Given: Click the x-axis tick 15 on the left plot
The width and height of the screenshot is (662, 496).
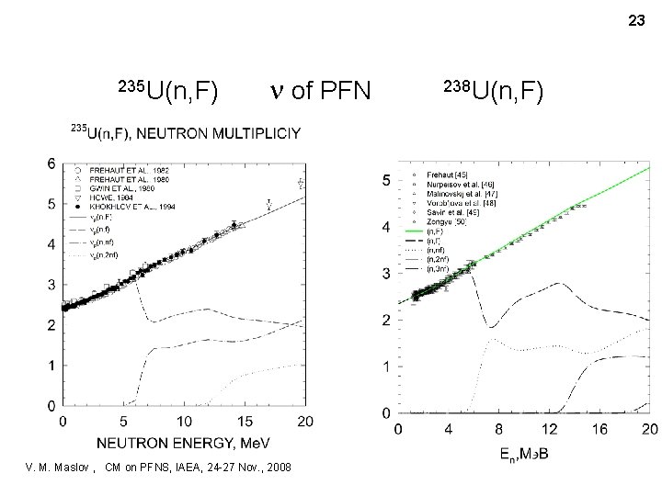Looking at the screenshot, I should pos(245,420).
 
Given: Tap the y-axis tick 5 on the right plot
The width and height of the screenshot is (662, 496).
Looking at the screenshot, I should pos(386,181).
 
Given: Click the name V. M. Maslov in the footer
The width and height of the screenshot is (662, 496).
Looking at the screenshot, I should pos(63,468).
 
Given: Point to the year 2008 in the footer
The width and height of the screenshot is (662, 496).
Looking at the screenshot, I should pos(277,468).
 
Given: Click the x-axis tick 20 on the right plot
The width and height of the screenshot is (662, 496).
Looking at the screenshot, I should pos(647,428).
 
